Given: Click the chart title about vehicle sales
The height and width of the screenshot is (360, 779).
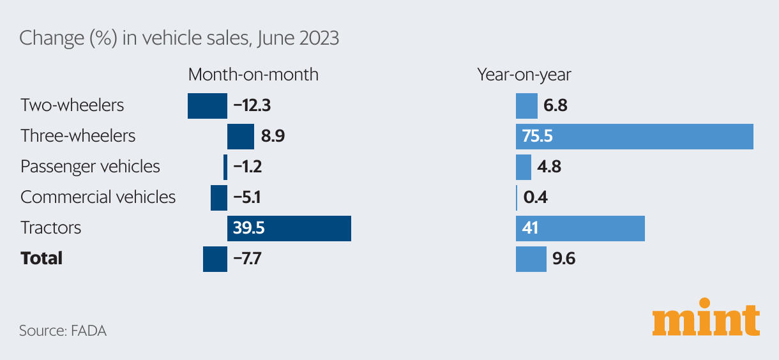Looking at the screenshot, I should click(x=179, y=38).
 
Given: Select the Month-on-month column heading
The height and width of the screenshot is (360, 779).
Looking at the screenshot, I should click(x=253, y=75).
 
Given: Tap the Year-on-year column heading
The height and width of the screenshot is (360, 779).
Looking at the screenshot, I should click(x=524, y=75).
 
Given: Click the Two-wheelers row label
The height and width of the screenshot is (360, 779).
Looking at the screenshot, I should click(x=72, y=105).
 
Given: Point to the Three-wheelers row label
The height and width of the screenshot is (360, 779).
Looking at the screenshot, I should click(x=78, y=135).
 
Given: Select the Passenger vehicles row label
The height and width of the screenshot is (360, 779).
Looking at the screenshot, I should click(x=90, y=167).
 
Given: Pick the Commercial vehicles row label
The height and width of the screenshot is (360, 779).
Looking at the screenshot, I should click(x=98, y=197).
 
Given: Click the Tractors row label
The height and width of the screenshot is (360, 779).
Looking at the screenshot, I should click(x=50, y=228).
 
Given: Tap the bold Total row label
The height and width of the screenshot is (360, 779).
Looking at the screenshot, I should click(x=42, y=259).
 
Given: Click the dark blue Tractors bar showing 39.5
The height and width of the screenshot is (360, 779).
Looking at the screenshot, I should click(x=289, y=229).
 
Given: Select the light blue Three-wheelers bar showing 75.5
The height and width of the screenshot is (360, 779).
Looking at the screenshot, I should click(x=634, y=137).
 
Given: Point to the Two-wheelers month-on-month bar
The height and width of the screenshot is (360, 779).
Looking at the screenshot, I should click(x=207, y=106).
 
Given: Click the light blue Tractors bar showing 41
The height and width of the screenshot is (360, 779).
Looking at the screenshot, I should click(x=580, y=229).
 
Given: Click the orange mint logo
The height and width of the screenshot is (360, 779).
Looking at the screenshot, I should click(x=706, y=317).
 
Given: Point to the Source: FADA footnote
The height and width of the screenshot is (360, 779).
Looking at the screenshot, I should click(x=63, y=331).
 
